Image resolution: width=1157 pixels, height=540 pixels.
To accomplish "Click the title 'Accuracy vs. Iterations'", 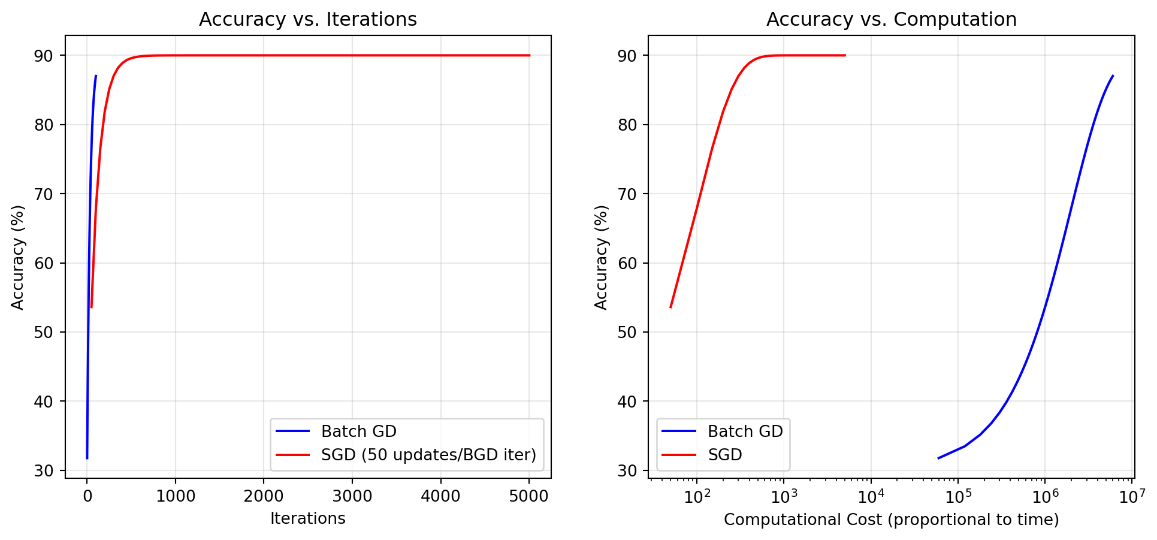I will (307, 20).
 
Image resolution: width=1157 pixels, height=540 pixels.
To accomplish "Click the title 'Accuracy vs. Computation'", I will (891, 20).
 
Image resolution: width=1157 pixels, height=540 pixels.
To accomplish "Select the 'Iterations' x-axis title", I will (307, 518).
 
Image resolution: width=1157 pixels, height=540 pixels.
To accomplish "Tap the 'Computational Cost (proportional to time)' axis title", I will (891, 520).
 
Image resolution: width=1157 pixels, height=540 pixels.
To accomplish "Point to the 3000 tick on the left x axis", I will (352, 497).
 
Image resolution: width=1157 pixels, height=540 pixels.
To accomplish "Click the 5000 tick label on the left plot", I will (528, 497).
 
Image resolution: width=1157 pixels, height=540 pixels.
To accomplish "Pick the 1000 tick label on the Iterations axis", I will (175, 497).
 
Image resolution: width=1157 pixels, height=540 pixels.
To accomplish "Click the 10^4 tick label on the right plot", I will (871, 497).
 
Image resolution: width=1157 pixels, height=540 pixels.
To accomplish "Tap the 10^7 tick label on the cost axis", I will (1132, 497).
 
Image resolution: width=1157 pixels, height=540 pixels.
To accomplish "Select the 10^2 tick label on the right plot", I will (697, 497).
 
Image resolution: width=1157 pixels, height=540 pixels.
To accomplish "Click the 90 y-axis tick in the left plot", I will (44, 56).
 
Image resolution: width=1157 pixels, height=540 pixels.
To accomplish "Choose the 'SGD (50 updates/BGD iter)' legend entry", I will (428, 455).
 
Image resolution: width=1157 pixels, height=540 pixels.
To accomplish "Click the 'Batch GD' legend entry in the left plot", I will (358, 432).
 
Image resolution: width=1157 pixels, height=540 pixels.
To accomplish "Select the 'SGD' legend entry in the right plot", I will (725, 455).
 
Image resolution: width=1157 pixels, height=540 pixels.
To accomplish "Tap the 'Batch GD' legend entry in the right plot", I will (745, 432).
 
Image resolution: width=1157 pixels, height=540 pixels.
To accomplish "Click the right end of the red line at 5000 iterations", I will (529, 55).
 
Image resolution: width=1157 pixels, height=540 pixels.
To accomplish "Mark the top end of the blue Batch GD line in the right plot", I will (1113, 76).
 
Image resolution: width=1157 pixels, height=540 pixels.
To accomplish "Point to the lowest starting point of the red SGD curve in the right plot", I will (670, 307).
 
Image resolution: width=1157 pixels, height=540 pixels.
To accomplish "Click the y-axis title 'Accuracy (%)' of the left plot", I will (18, 257).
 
